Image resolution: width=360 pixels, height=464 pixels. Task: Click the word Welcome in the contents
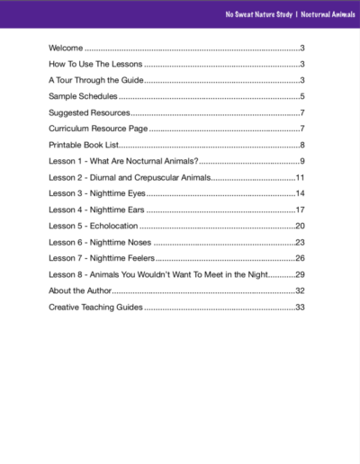(x=66, y=48)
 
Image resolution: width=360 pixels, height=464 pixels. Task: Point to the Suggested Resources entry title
(x=89, y=112)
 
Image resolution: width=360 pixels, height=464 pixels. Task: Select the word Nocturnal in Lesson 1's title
(x=148, y=161)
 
